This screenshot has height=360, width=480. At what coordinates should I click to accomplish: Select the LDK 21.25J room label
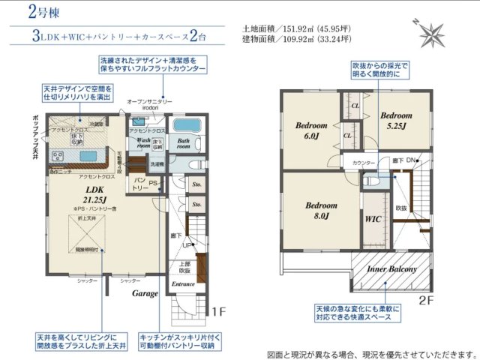click(94, 194)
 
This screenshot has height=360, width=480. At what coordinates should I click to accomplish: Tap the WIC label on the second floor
click(373, 220)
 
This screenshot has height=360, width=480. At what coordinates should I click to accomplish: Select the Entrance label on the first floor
click(183, 284)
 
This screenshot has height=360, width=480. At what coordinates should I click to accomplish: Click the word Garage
click(147, 294)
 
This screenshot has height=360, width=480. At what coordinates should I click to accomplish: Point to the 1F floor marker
click(218, 312)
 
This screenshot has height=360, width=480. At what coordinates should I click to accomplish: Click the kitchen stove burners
click(58, 157)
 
